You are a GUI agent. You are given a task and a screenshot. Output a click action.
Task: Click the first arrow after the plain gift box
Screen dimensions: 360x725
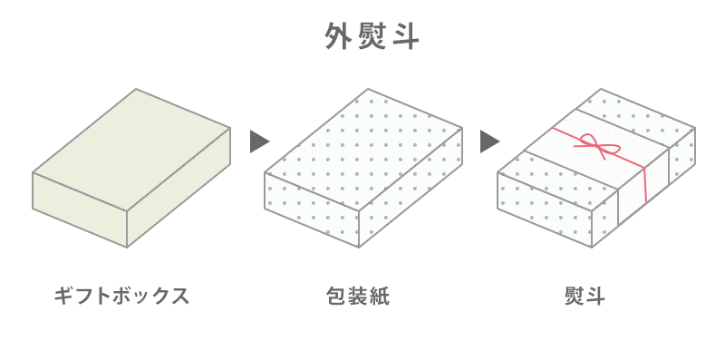coord(260,141)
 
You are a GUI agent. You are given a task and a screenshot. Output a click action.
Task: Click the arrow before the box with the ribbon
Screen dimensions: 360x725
coord(490,141)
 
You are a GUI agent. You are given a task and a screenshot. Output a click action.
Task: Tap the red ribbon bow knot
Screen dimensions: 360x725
coord(594,144)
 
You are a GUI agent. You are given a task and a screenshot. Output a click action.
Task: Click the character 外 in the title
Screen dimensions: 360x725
coord(338,37)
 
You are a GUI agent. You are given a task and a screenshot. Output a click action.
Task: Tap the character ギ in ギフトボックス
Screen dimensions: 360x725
coord(64,296)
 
